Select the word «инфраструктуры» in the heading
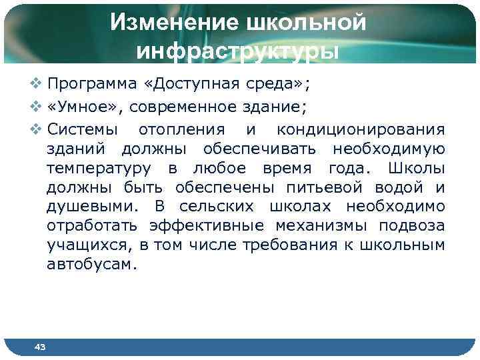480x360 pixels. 238,51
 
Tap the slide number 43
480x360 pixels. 39,347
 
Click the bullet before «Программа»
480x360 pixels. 36,85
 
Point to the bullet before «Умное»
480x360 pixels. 36,106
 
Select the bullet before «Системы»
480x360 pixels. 36,128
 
